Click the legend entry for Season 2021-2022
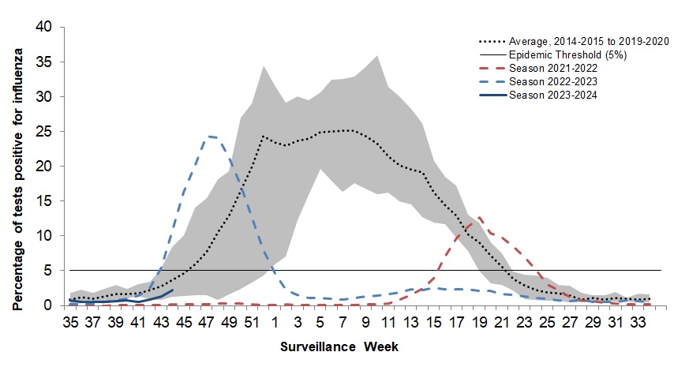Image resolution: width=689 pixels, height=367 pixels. [x=553, y=69]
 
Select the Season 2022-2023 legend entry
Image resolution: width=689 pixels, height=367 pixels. [x=553, y=82]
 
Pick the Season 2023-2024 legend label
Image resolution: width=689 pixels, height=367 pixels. [x=553, y=96]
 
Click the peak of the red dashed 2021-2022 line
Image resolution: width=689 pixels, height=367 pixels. [x=479, y=217]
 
